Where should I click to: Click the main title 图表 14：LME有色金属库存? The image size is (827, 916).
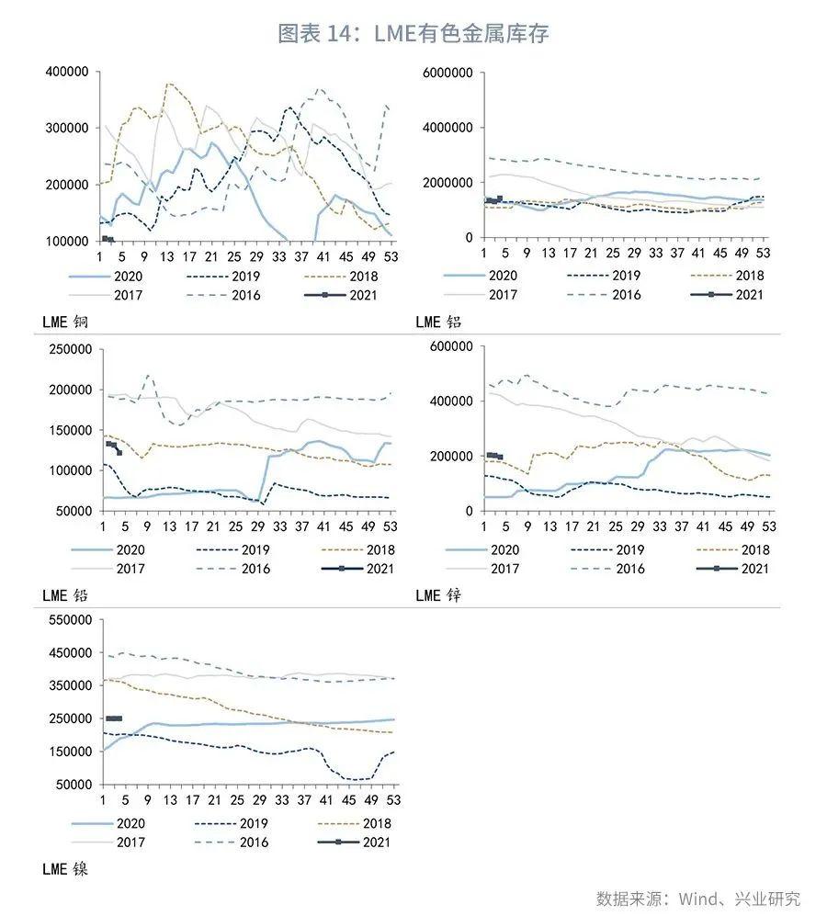(413, 34)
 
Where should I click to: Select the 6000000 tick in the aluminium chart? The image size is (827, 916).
(447, 73)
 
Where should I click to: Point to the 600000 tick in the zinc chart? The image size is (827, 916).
(450, 345)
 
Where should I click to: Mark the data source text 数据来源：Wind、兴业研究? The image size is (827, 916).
(698, 898)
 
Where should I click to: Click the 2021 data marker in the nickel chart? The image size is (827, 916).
(114, 718)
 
